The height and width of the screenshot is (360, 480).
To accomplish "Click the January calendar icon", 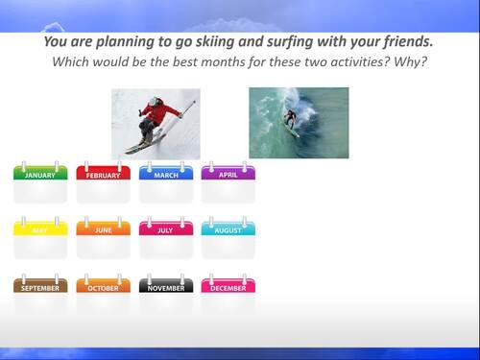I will tap(40, 182).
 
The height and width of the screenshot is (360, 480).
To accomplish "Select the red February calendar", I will tap(103, 182).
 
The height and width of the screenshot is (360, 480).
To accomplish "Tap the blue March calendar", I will tap(166, 182).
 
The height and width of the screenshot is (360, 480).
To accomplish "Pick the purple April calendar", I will tap(228, 182).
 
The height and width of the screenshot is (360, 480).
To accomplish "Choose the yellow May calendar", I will tap(40, 238).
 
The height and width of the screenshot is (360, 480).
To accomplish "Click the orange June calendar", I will tap(103, 238).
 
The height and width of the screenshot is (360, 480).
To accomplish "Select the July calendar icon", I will tap(166, 238).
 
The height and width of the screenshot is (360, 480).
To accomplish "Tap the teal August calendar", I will tap(228, 238).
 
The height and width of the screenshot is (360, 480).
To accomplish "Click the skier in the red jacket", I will tap(156, 119).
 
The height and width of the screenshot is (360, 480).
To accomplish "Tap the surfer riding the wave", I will tap(290, 118).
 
